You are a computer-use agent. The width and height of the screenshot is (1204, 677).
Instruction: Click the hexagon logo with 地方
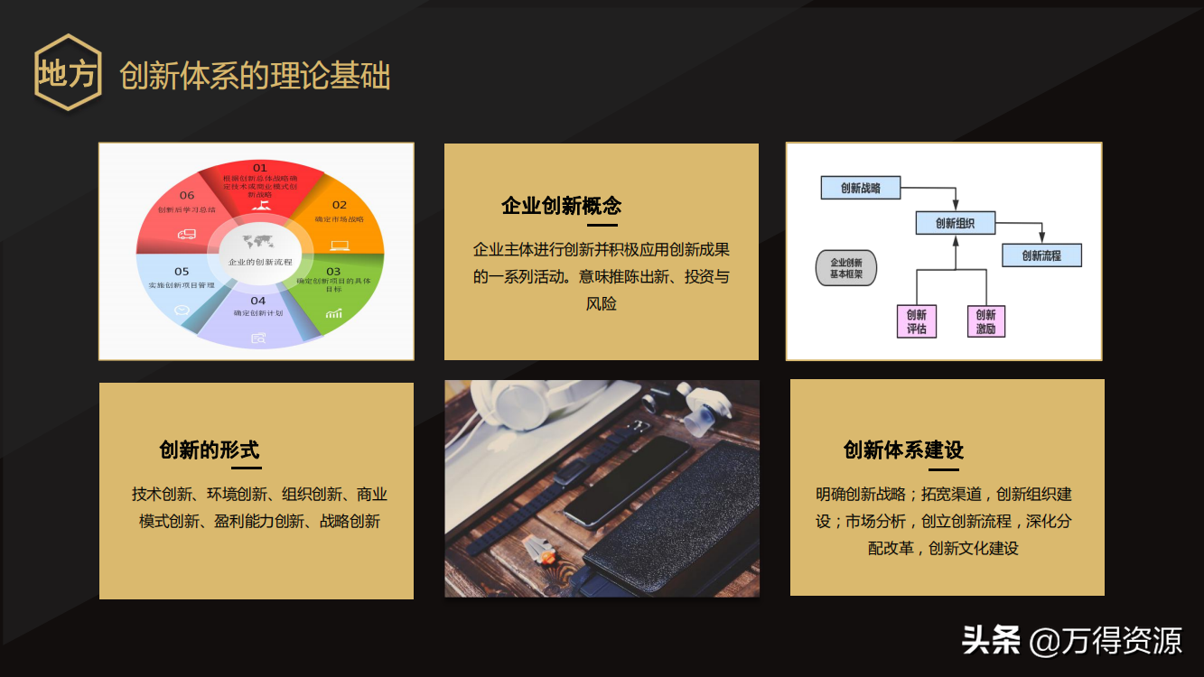68,73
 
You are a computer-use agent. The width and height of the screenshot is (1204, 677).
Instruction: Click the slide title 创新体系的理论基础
255,76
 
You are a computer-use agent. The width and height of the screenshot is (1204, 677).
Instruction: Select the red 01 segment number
260,168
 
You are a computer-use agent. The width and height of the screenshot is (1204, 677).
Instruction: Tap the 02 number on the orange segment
340,205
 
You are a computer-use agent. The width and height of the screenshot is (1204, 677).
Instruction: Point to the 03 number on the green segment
333,271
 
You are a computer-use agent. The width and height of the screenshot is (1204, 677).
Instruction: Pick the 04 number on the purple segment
258,301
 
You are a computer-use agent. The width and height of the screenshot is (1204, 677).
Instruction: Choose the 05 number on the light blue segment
182,271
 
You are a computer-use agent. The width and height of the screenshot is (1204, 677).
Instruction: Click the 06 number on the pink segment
187,195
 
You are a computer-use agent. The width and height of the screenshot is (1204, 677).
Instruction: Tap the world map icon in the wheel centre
258,241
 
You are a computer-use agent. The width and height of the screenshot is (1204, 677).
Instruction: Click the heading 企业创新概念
562,206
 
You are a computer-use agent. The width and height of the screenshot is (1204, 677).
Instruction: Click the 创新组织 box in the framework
955,223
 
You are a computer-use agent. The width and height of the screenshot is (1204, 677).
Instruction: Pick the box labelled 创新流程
1041,255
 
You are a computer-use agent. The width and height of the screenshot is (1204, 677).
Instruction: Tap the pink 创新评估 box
917,321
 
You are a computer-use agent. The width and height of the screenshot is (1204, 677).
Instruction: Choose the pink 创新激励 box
985,321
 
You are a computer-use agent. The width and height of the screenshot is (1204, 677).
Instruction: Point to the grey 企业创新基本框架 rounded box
846,268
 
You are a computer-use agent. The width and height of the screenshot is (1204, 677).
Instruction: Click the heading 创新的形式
210,450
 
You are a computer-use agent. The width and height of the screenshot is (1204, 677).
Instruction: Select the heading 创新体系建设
904,450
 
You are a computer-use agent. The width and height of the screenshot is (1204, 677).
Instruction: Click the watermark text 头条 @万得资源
1072,640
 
